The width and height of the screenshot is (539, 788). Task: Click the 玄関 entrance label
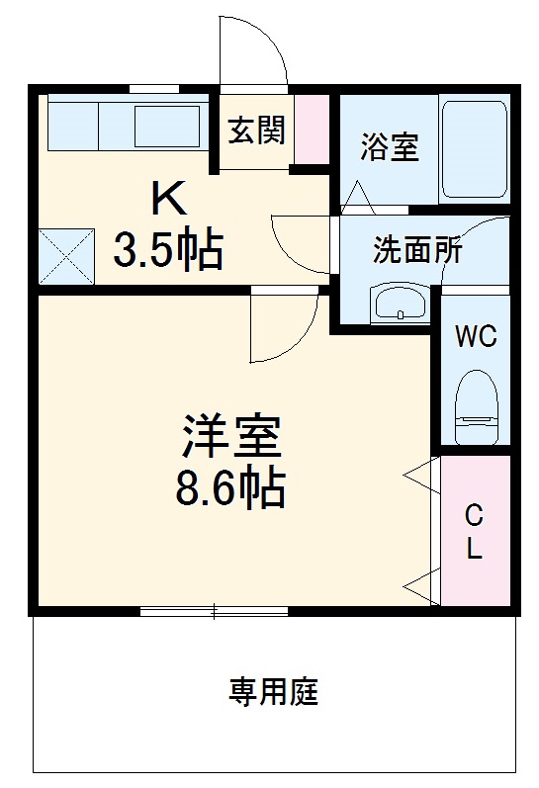(257, 131)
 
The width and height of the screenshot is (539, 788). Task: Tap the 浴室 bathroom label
(389, 148)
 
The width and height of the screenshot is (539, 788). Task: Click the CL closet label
(475, 531)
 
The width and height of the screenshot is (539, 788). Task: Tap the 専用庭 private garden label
(274, 692)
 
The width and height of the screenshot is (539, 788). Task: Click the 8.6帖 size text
(231, 487)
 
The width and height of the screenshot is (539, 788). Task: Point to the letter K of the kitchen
(167, 201)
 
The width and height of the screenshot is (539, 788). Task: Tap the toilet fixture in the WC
(475, 405)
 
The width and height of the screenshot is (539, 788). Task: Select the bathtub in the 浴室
(475, 148)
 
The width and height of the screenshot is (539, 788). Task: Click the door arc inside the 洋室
(282, 326)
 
